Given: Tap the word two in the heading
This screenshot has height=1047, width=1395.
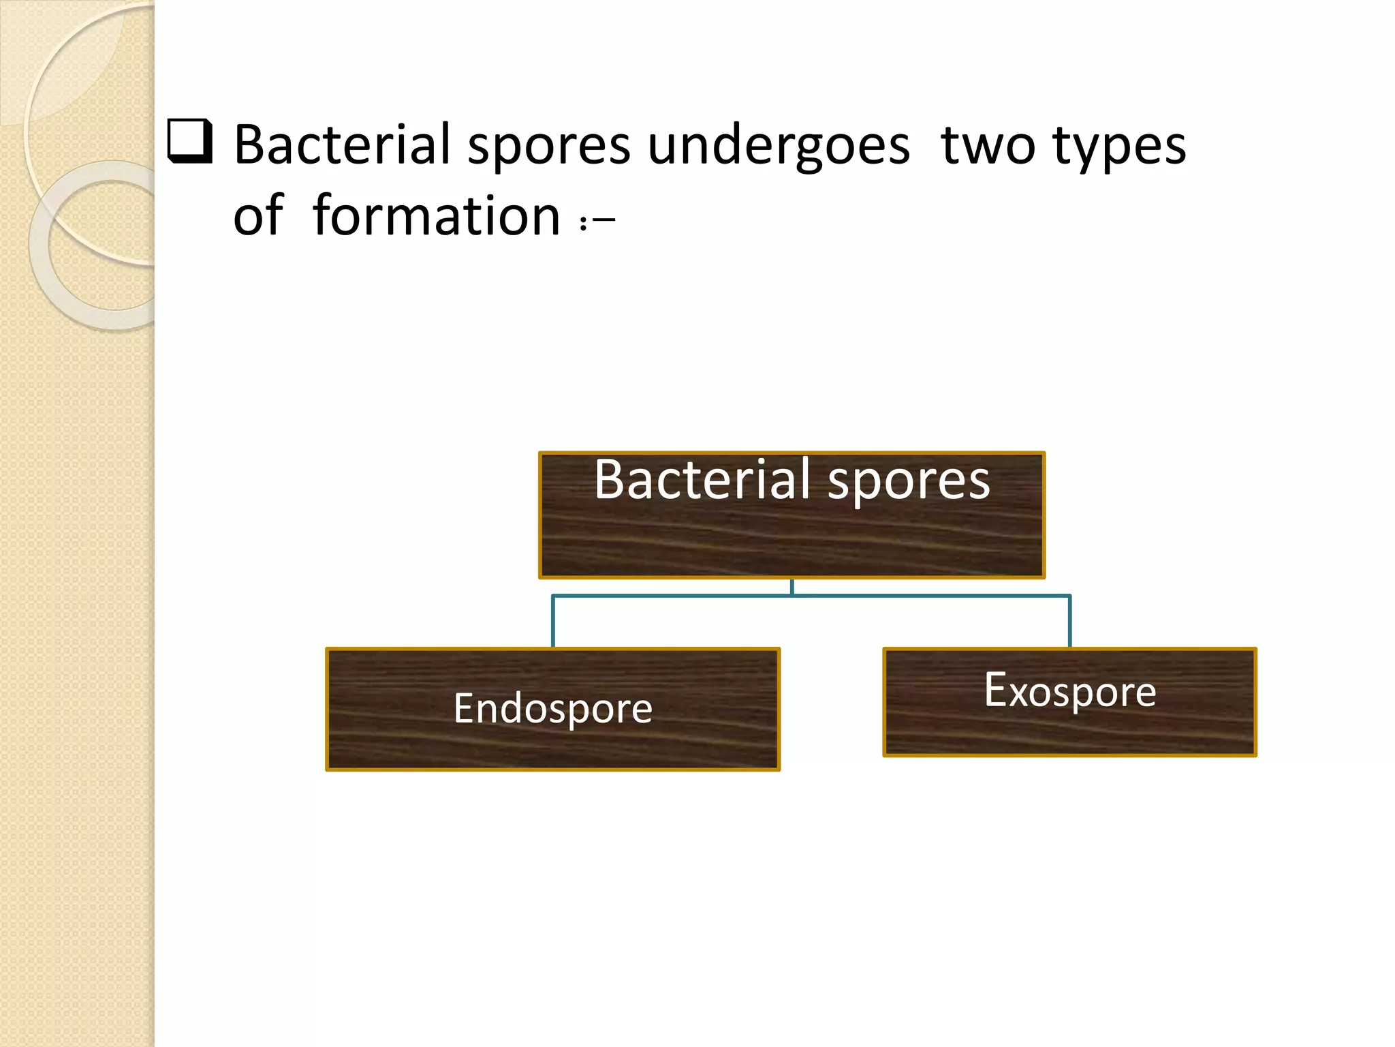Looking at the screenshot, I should (988, 147).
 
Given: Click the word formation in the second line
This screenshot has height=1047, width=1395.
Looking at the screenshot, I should (436, 217).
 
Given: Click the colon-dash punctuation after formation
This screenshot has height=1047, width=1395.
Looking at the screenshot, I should (597, 222).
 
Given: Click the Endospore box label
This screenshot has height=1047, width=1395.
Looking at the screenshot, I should (552, 709).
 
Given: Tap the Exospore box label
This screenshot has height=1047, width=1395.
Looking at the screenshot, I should (1069, 692).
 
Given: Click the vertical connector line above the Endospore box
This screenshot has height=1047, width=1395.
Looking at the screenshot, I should (553, 622).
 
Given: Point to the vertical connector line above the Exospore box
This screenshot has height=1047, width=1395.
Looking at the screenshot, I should (1070, 622).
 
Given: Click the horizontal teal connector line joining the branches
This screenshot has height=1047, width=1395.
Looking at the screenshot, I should (681, 596).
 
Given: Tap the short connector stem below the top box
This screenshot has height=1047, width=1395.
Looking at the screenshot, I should (791, 588).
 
